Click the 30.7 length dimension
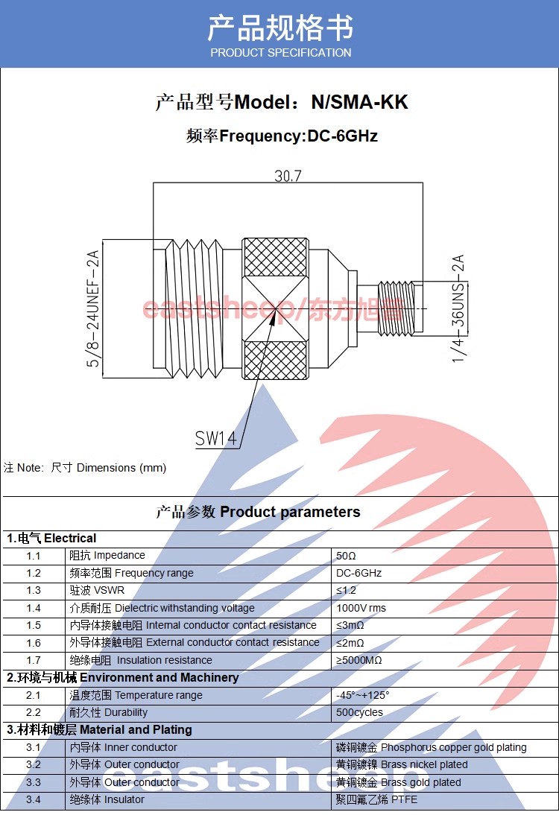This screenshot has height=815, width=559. pos(288,176)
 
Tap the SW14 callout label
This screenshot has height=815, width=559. pos(216,439)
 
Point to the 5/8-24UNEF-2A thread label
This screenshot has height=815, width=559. pos(93,308)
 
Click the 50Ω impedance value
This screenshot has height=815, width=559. pos(347,556)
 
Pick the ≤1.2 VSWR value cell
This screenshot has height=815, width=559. pos(347,590)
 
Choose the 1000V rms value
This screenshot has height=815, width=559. pos(361,608)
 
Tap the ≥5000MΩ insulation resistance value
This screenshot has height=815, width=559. pos(359,660)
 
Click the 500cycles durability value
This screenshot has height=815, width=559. pos(359,712)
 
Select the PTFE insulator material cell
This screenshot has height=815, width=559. pos(377,799)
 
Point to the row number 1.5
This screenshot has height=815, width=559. pos(34,625)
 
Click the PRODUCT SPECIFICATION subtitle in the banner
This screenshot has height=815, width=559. pos(280,52)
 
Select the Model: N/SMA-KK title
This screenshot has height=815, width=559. pos(282,102)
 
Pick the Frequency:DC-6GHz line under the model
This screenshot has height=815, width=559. pos(282,136)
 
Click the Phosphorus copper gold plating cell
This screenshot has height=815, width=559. pos(432,747)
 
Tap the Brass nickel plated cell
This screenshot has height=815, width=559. pos(402,764)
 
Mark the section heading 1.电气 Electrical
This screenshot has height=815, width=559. pos(52,538)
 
